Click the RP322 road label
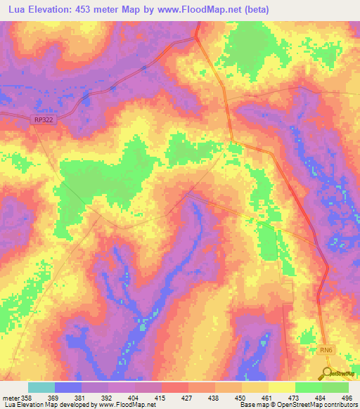44,120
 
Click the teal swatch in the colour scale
41,387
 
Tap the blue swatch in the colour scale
68,387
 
